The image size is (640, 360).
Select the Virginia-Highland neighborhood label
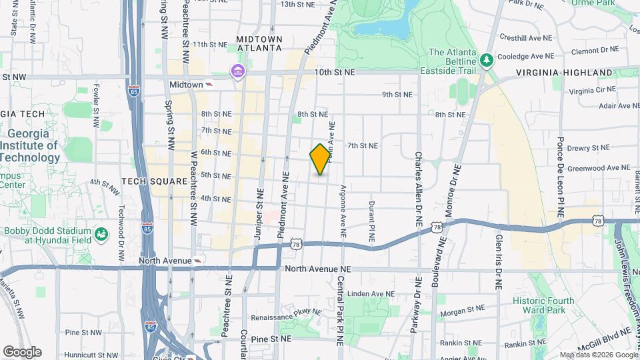coord(564,72)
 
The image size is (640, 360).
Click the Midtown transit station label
coord(186,85)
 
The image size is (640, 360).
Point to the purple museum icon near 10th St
coord(237,71)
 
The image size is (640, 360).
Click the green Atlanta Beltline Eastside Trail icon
coord(487,60)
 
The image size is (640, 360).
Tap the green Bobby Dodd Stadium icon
coord(101,234)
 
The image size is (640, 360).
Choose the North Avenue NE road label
coord(317,269)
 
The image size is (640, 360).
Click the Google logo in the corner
coord(22,351)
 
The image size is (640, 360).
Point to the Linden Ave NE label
coord(367,293)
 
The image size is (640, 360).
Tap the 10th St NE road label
coord(333,71)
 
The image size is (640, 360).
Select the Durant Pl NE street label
coord(371,221)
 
